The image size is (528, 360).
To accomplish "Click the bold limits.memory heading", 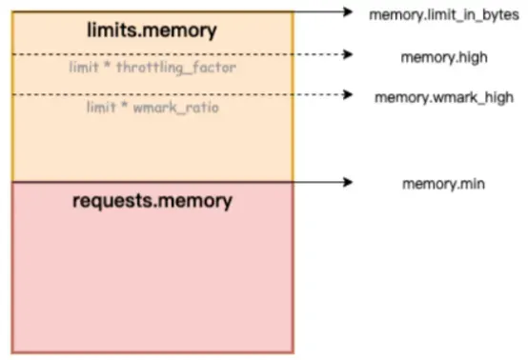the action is click(152, 30).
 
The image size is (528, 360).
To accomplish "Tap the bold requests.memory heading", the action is click(152, 201).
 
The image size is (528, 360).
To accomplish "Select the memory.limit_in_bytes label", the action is click(444, 15).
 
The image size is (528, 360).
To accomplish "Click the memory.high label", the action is click(444, 57).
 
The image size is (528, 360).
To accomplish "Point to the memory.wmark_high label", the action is click(444, 97).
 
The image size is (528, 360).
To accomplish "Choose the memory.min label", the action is click(443, 184).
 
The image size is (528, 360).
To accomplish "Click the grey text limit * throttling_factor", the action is click(152, 68).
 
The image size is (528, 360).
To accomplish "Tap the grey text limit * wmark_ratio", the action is click(152, 108).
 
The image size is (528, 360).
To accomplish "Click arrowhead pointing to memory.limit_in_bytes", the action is click(348, 12).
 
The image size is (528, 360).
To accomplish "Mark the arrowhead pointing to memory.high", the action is click(348, 54).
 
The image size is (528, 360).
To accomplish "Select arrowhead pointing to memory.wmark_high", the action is click(348, 94).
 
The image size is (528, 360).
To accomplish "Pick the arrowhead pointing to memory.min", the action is click(348, 182).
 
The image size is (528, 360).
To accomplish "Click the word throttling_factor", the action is click(176, 68).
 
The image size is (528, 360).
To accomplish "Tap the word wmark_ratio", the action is click(176, 108).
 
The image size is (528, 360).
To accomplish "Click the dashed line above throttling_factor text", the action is click(178, 54).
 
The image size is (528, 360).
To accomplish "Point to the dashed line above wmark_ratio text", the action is click(178, 94).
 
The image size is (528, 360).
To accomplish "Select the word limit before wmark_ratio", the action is click(101, 108).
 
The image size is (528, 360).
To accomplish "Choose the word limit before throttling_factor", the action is click(84, 67).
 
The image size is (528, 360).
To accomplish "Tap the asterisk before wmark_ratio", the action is click(125, 105).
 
